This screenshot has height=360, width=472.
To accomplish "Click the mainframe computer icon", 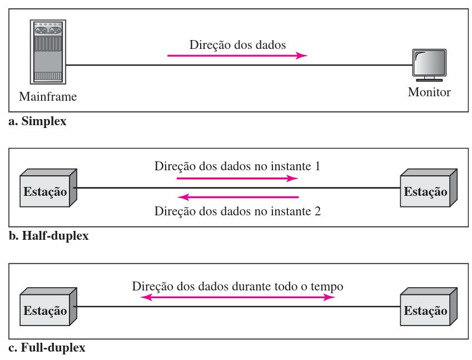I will click(x=47, y=52).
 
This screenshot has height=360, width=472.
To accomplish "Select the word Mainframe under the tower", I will click(x=48, y=96).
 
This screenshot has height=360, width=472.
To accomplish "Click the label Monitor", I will click(x=429, y=92).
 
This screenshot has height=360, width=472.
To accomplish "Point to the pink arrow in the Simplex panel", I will click(x=237, y=56).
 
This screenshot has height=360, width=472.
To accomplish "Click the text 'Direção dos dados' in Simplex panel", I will click(x=237, y=45).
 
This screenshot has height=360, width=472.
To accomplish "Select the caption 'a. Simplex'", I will click(x=38, y=121).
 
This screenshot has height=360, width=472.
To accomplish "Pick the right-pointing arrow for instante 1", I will click(x=237, y=179).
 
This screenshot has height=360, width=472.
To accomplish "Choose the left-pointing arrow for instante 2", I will click(x=237, y=197).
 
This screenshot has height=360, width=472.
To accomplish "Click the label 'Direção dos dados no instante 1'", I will click(x=237, y=166).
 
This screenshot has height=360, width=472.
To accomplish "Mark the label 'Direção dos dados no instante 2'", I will click(x=237, y=211).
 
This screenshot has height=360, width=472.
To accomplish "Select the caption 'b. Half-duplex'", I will click(x=49, y=236).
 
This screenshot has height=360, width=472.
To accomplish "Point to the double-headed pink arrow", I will click(x=237, y=298).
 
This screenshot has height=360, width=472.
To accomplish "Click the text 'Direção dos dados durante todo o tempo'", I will click(x=237, y=287).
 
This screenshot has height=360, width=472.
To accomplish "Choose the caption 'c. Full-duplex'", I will click(x=47, y=349).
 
